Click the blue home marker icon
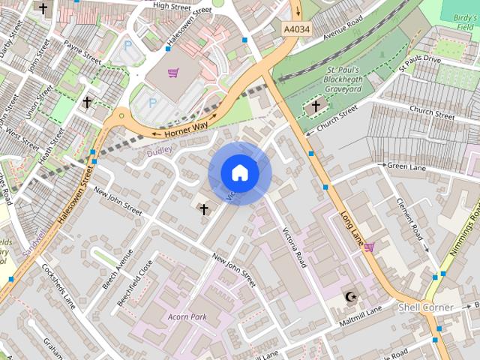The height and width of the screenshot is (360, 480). coord(240,173)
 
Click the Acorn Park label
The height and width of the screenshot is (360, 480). coord(187,316)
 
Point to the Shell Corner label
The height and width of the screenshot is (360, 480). coord(425,307)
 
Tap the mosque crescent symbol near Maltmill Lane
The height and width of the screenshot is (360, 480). coord(349,297)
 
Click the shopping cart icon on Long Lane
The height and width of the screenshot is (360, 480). coord(369,246)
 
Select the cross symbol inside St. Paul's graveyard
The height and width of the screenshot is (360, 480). coord(315,106)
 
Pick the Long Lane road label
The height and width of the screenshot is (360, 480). coord(355,219)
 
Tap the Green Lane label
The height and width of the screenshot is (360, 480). coord(406,166)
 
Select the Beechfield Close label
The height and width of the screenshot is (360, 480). coord(136,282)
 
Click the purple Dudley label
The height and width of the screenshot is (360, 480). coord(159,150)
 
